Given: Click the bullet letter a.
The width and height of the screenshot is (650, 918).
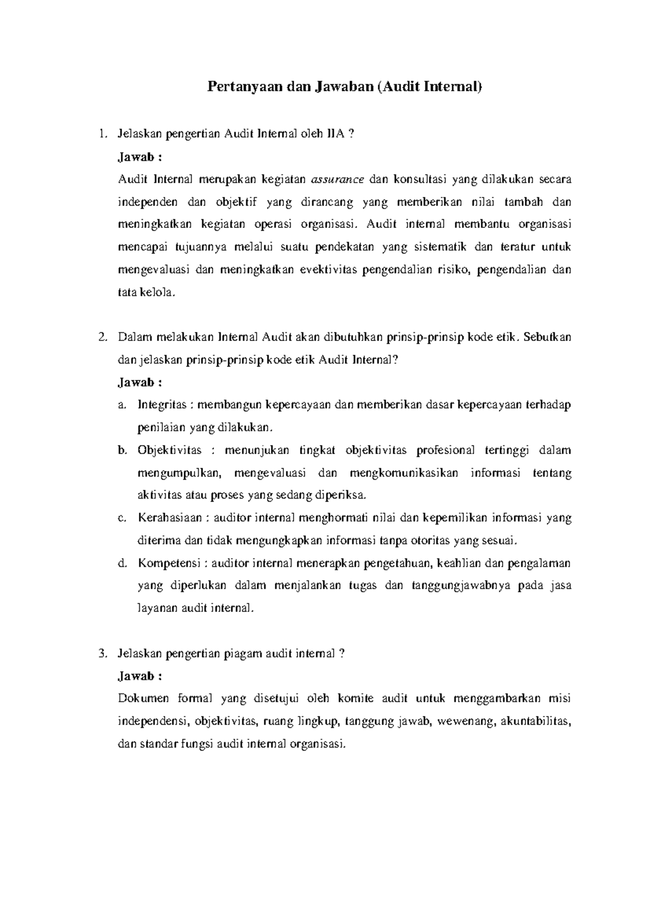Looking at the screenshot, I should pos(121,405).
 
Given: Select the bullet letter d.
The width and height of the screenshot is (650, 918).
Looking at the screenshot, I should pos(121,563).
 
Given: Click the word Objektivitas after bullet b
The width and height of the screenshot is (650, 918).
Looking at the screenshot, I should pos(169,450).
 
